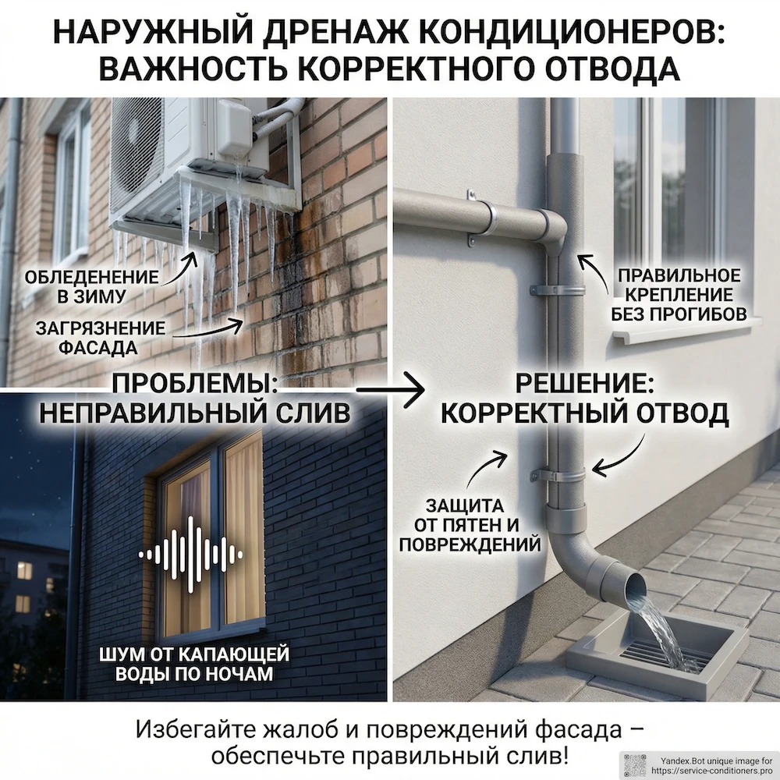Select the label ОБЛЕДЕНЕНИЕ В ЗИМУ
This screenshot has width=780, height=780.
(92, 287)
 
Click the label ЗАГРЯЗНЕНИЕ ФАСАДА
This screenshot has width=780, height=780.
(100, 337)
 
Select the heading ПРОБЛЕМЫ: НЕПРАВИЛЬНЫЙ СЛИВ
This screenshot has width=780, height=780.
(194, 399)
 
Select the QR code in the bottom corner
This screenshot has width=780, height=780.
(636, 765)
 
